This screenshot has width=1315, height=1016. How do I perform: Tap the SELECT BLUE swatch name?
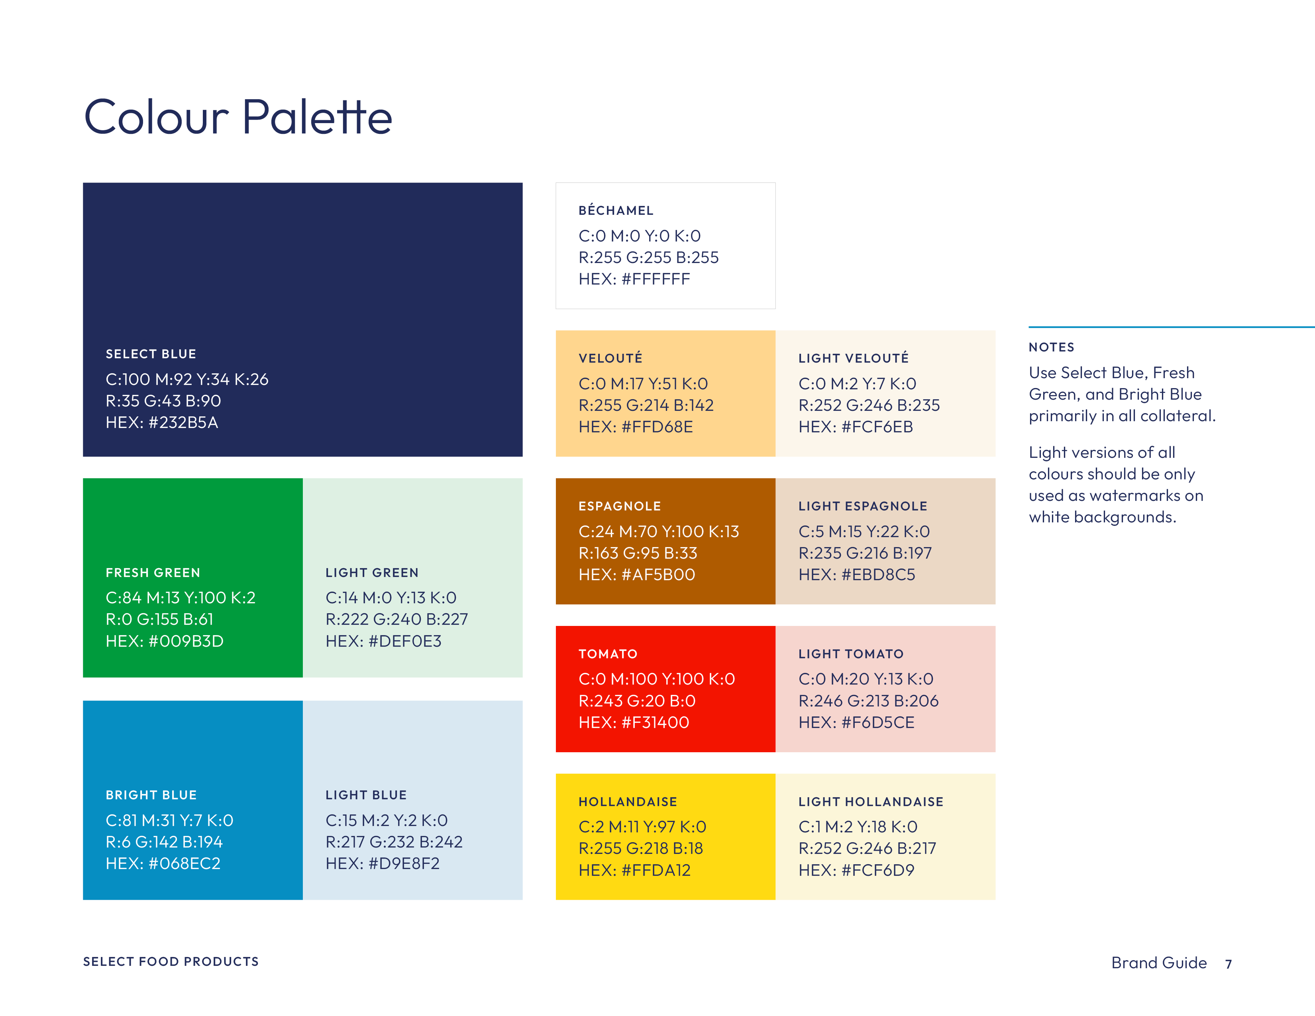click(x=151, y=354)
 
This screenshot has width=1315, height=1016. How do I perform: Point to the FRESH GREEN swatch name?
click(x=153, y=573)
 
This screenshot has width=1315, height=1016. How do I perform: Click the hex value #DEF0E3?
click(x=404, y=641)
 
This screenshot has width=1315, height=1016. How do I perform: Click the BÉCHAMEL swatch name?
click(x=616, y=210)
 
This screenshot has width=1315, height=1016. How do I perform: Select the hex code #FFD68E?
click(x=657, y=427)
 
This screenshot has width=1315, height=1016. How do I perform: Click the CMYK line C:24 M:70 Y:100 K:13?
click(x=659, y=532)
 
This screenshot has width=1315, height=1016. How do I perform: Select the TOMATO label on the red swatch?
click(x=608, y=654)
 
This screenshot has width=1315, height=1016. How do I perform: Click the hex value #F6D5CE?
click(x=878, y=722)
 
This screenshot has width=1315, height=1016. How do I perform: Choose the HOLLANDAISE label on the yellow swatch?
click(x=628, y=802)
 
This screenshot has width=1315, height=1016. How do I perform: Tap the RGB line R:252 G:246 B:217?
click(x=868, y=848)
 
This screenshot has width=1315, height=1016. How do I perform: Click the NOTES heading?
click(x=1051, y=347)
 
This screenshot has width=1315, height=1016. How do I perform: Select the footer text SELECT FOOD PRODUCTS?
click(x=171, y=961)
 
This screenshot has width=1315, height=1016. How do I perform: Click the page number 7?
click(x=1228, y=964)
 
